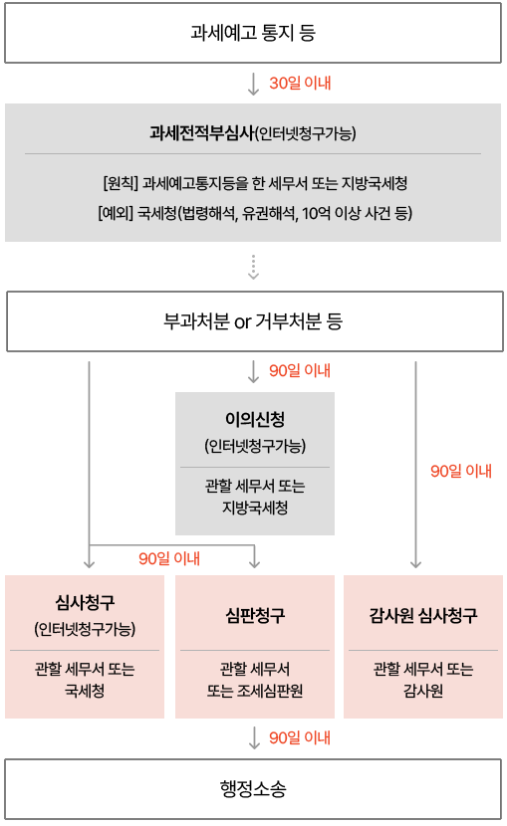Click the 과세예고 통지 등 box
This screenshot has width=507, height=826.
[253, 33]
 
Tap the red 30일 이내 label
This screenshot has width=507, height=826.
[300, 84]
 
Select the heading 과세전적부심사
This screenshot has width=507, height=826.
[202, 132]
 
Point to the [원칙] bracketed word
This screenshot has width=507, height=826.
[121, 183]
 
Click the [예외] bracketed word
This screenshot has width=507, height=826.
[116, 213]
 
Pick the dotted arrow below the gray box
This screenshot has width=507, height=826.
[253, 267]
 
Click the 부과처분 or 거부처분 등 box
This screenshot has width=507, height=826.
[255, 321]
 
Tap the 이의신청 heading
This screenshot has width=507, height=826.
[255, 419]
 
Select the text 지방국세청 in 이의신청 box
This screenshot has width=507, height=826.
[255, 508]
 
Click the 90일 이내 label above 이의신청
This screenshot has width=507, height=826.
[300, 371]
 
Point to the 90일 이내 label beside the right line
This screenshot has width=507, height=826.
[461, 471]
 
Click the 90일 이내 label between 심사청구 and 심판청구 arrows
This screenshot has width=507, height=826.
[169, 558]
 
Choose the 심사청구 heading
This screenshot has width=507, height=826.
[85, 602]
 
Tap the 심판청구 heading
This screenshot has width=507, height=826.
[255, 615]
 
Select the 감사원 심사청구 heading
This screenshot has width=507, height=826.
[423, 615]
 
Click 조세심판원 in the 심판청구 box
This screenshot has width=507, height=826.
[270, 691]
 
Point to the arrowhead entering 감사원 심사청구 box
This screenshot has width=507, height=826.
[415, 564]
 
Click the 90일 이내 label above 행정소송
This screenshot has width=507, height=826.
[300, 738]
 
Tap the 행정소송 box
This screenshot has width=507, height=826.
[253, 789]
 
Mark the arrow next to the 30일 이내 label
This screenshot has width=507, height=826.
[253, 84]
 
